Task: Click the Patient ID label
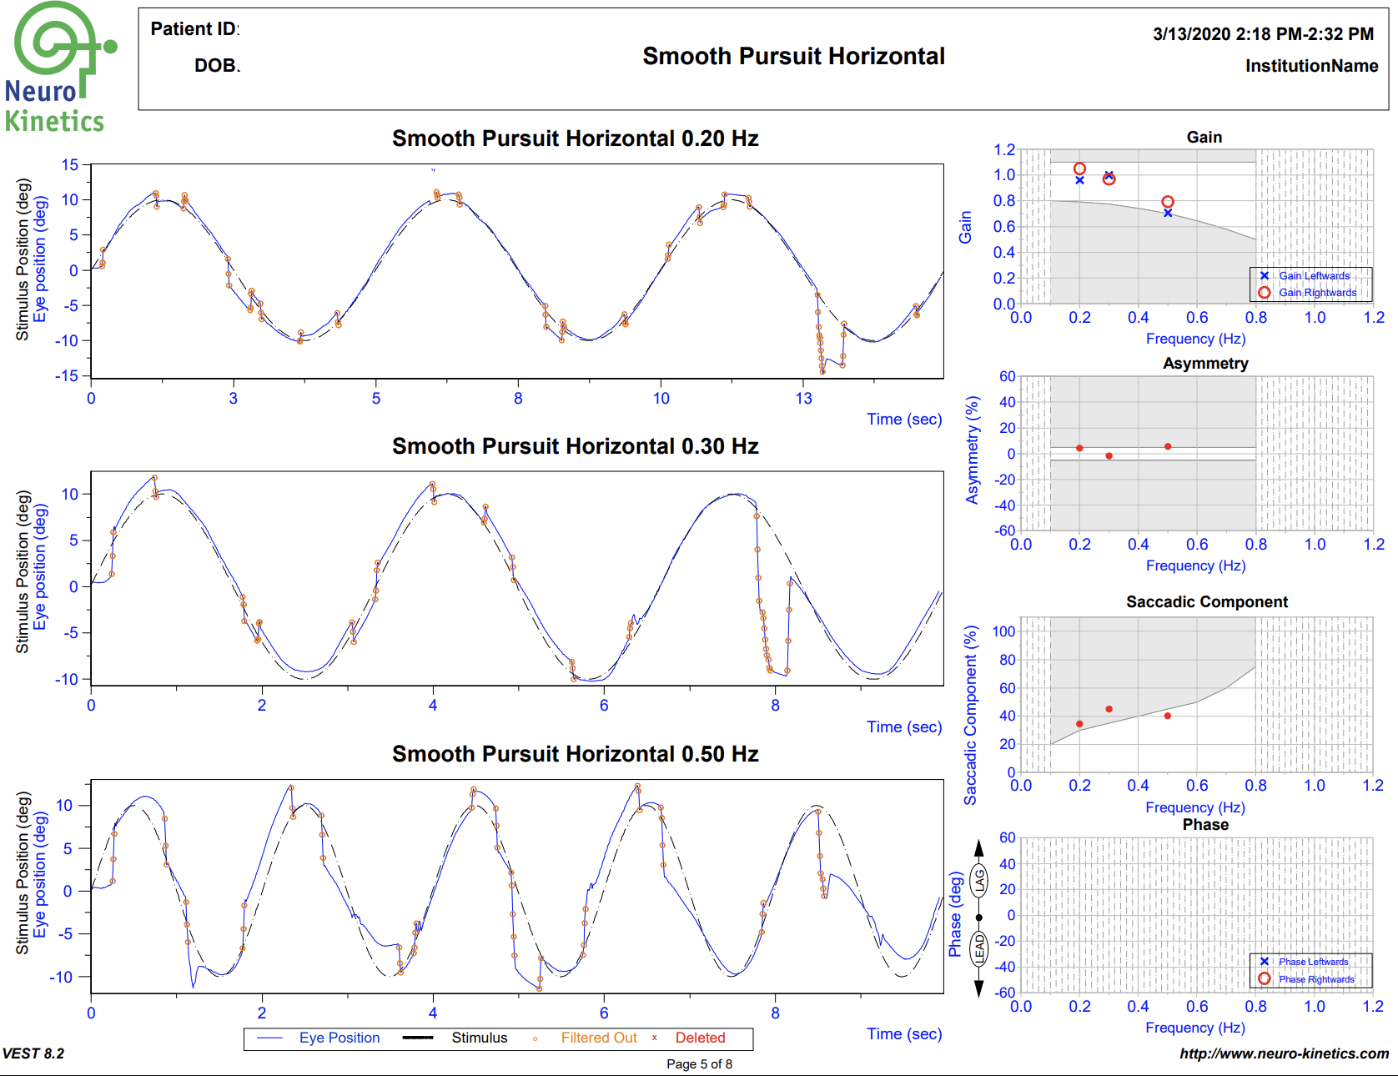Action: click(x=194, y=29)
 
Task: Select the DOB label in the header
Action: click(x=216, y=66)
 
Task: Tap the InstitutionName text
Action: click(x=1311, y=66)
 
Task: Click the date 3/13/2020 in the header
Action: click(x=1192, y=34)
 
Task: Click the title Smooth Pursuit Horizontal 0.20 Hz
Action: click(x=575, y=138)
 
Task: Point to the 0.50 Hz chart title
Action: click(x=575, y=754)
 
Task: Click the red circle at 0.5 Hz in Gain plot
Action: click(x=1168, y=202)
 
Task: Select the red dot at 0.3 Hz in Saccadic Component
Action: click(x=1109, y=709)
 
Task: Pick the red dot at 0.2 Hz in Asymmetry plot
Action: click(x=1079, y=449)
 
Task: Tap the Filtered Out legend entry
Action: click(x=598, y=1038)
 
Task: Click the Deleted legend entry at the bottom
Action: click(x=700, y=1038)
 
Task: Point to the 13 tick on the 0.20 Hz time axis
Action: click(x=803, y=399)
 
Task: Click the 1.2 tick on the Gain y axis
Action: click(x=1004, y=150)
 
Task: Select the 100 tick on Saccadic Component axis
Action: click(x=1003, y=631)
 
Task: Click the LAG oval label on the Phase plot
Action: click(x=979, y=880)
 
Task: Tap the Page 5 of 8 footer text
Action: click(x=699, y=1064)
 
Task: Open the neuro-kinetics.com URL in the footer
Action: click(x=1284, y=1053)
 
